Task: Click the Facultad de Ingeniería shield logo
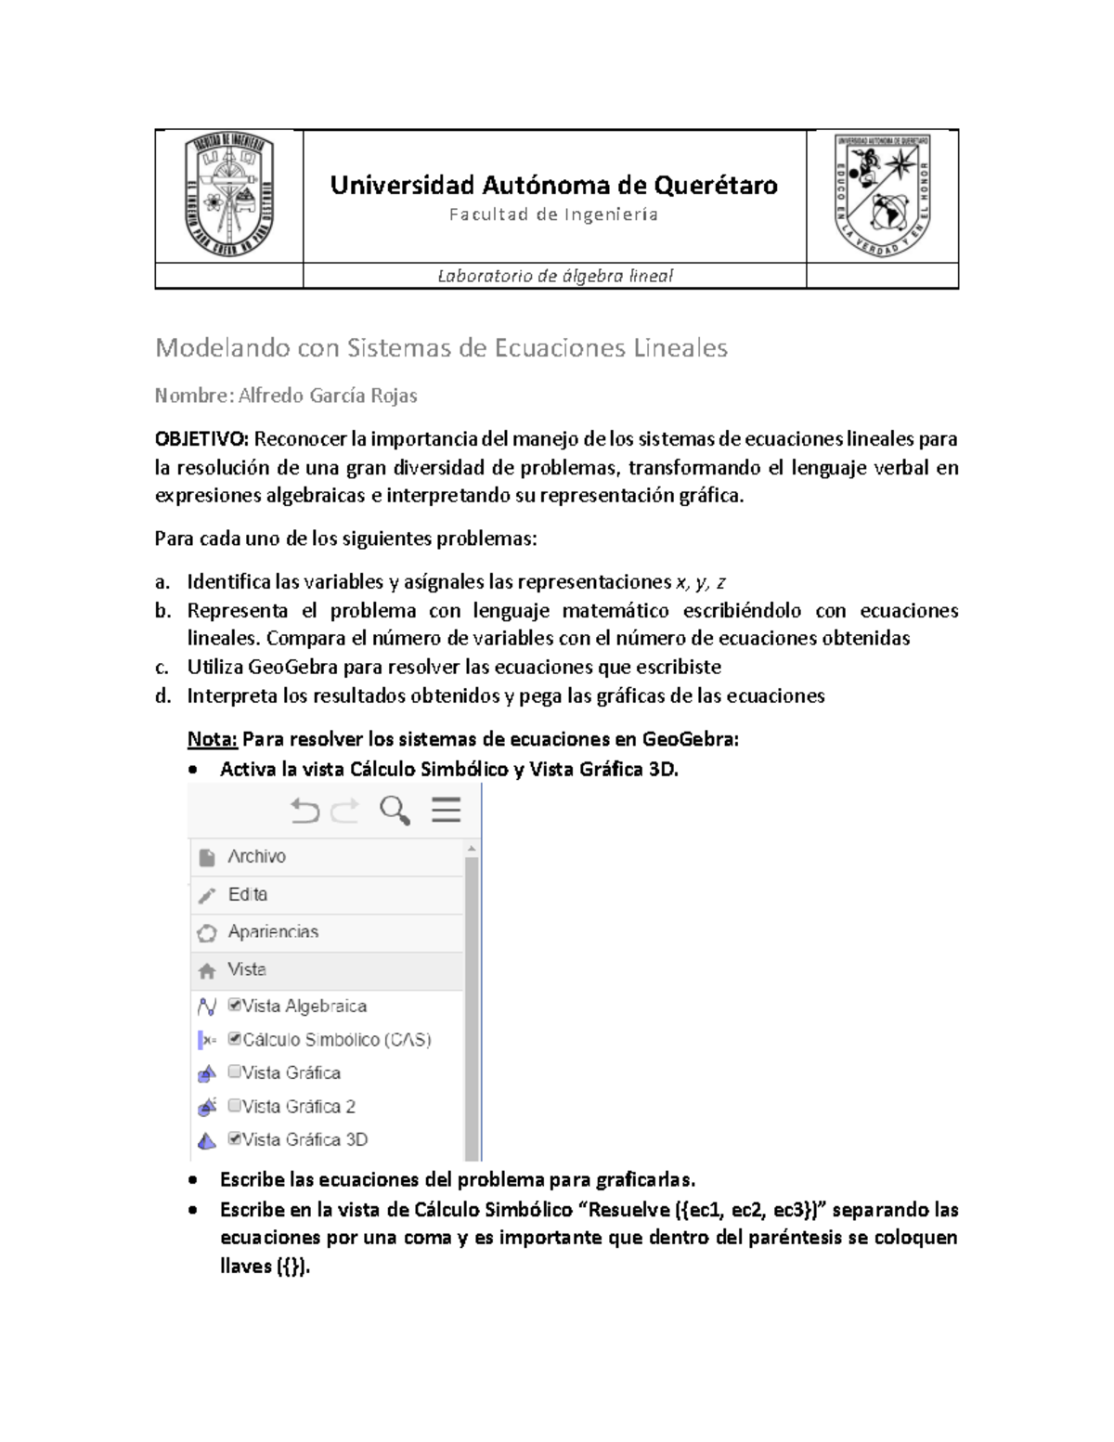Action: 229,195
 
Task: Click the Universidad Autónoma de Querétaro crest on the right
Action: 883,195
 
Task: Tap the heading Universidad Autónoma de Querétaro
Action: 554,186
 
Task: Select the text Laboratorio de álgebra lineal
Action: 554,276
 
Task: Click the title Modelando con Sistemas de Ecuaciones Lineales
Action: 441,348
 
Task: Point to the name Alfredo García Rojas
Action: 328,396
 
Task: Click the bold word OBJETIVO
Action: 201,439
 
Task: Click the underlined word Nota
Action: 213,740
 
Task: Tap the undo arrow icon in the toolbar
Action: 304,812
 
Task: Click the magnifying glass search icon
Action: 395,811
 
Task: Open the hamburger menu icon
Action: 447,811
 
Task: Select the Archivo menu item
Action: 256,857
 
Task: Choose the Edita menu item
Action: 247,894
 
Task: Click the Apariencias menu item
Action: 273,932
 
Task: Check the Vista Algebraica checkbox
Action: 235,1006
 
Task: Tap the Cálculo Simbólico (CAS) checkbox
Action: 235,1040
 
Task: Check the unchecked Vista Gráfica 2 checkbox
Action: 235,1106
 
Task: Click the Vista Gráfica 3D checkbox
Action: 235,1139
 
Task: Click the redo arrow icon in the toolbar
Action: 345,812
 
